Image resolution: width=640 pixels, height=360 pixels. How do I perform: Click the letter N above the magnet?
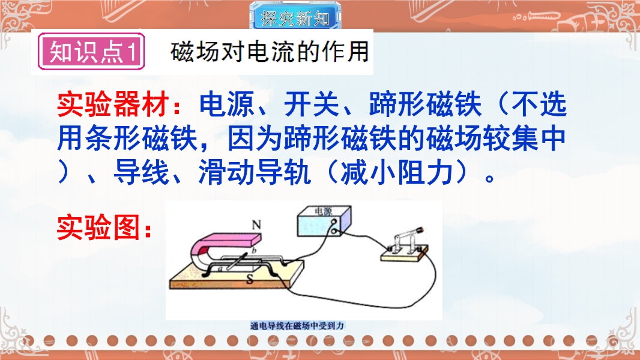[256, 225]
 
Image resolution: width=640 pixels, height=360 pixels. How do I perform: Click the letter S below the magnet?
[249, 279]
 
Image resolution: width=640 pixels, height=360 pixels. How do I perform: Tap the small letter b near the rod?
[254, 251]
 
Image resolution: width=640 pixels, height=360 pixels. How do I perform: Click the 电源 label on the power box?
[323, 211]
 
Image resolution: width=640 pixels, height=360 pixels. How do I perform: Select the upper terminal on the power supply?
[334, 222]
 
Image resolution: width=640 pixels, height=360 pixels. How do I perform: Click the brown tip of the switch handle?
[419, 230]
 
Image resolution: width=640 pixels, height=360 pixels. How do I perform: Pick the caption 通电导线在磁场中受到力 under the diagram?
[298, 326]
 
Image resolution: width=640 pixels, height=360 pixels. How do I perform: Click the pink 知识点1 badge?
[91, 52]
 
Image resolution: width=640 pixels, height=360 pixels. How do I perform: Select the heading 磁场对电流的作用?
[270, 52]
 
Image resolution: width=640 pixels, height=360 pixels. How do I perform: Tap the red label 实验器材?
[113, 105]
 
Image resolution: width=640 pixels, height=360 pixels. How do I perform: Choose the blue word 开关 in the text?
[312, 105]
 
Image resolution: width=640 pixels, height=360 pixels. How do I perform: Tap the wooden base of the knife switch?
[405, 254]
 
